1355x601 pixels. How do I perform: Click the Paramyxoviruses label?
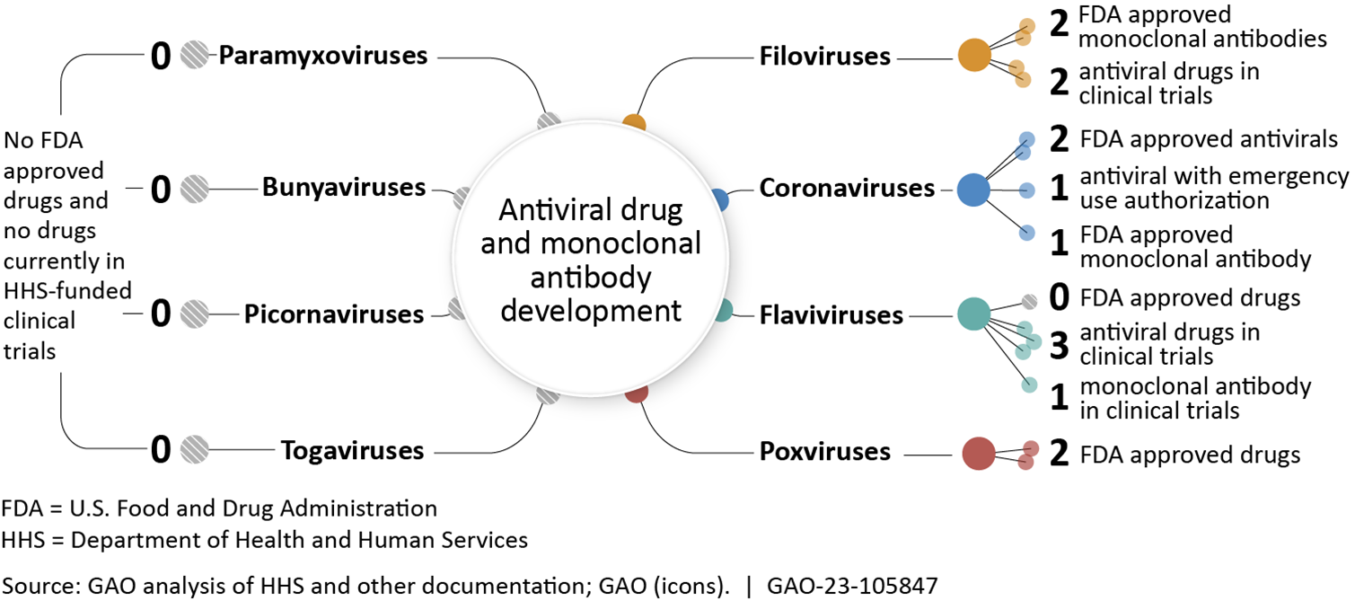tap(323, 56)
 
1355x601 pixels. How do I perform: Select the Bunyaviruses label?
tap(344, 188)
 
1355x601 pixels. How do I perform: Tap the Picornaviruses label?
tap(334, 314)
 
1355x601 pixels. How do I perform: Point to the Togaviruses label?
tap(352, 449)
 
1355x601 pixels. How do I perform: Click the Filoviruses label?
tap(825, 57)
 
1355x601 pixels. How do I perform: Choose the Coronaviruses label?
tap(848, 189)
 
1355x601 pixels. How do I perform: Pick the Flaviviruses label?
tap(831, 315)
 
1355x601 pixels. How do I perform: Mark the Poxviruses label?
tap(825, 451)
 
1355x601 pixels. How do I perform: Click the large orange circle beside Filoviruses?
tap(974, 56)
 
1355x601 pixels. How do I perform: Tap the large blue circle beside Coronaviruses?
tap(973, 190)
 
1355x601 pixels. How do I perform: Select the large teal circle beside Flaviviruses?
tap(973, 314)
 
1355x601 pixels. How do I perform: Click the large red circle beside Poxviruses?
tap(978, 453)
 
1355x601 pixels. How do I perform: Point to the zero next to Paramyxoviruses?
tap(161, 57)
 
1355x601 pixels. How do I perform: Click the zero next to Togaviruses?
tap(161, 450)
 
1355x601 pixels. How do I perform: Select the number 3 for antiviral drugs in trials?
tap(1060, 346)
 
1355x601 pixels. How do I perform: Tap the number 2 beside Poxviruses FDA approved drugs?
tap(1060, 454)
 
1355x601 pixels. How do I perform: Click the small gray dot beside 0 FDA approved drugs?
tap(1030, 301)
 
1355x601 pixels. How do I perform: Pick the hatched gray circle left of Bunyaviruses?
tap(194, 189)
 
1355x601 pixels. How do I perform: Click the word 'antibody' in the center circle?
tap(590, 278)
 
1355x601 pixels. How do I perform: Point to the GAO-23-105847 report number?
tap(852, 586)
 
